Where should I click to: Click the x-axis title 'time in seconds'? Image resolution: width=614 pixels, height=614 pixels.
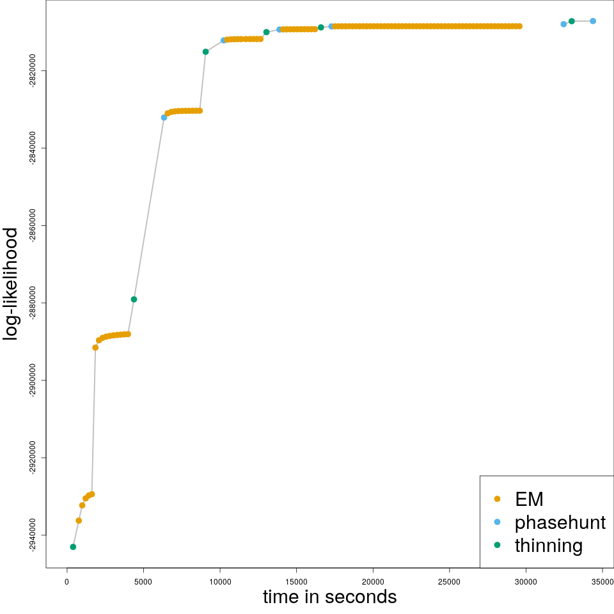click(x=329, y=597)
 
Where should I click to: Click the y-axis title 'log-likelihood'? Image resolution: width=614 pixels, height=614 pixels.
click(x=11, y=284)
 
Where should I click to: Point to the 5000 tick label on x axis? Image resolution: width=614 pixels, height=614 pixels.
click(x=143, y=581)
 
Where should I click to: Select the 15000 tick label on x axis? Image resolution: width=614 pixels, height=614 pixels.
click(x=296, y=581)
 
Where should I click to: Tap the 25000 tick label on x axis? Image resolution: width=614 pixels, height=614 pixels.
click(x=449, y=581)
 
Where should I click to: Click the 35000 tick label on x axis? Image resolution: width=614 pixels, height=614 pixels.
click(x=602, y=581)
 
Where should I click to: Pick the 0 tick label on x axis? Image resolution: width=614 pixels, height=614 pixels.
click(x=67, y=581)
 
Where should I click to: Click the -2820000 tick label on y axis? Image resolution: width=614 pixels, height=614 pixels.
click(x=33, y=70)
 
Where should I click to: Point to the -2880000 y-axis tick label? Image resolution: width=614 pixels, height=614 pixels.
click(x=33, y=303)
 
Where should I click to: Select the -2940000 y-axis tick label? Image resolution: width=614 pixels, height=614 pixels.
click(x=33, y=535)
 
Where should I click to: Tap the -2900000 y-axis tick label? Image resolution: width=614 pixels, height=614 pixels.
click(x=33, y=380)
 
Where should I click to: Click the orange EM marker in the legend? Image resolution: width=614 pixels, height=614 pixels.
click(x=498, y=499)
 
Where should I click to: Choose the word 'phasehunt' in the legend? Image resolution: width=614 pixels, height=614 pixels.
click(x=560, y=523)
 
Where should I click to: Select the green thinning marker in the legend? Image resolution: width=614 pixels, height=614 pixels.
click(x=498, y=546)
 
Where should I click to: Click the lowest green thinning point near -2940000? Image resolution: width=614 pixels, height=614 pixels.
click(x=73, y=547)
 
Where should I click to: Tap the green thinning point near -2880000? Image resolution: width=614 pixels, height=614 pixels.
click(x=134, y=299)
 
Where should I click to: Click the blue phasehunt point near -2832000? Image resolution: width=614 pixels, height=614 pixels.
click(x=164, y=118)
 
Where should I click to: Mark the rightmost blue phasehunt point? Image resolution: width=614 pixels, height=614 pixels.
click(x=593, y=21)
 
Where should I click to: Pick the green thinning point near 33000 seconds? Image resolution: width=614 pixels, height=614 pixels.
click(x=572, y=21)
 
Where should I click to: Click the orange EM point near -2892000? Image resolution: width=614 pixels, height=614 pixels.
click(x=95, y=347)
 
